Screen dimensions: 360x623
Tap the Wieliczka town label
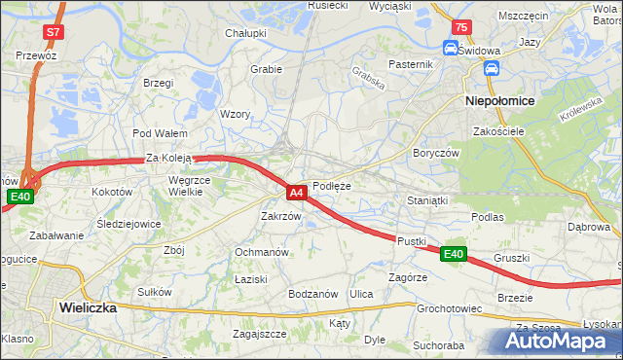click(88, 306)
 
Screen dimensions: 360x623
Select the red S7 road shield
click(53, 32)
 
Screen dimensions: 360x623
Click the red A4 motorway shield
click(297, 193)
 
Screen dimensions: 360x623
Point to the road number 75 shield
click(461, 26)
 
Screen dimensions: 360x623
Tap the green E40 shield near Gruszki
click(453, 254)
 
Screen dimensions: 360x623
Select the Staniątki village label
click(426, 200)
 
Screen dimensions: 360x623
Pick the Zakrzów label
click(280, 216)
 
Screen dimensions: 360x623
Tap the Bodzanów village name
click(312, 294)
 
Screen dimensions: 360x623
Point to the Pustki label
click(412, 239)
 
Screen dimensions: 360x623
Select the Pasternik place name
click(409, 64)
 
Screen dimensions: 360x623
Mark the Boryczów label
click(435, 154)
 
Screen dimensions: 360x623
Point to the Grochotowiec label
click(450, 309)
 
